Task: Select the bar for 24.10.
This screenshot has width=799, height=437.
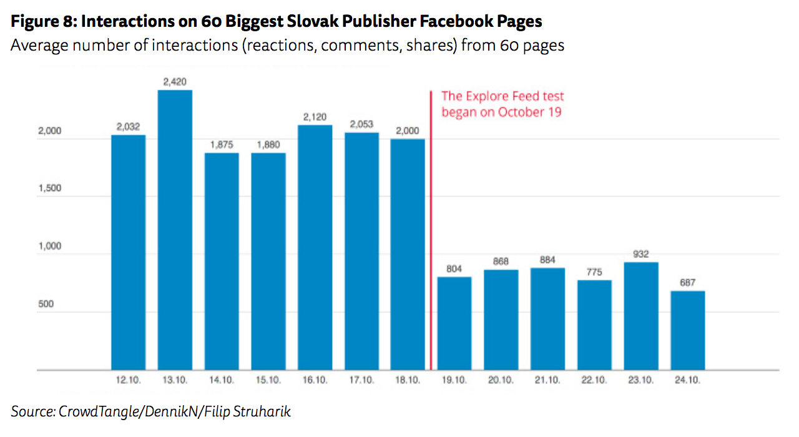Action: (x=688, y=330)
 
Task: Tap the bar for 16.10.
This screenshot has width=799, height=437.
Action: (x=315, y=247)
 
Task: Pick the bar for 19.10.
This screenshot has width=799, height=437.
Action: (x=454, y=323)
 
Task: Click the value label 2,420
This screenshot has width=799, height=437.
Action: (x=175, y=82)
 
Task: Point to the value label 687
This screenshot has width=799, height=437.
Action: (x=688, y=283)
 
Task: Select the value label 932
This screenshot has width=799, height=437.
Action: (x=641, y=254)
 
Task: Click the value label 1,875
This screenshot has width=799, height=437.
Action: (x=222, y=145)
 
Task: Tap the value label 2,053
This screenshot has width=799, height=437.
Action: (x=361, y=124)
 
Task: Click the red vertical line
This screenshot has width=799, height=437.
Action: (x=431, y=250)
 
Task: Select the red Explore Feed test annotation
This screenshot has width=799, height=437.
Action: (x=502, y=104)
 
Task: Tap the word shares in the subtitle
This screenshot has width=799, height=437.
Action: (x=424, y=46)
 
